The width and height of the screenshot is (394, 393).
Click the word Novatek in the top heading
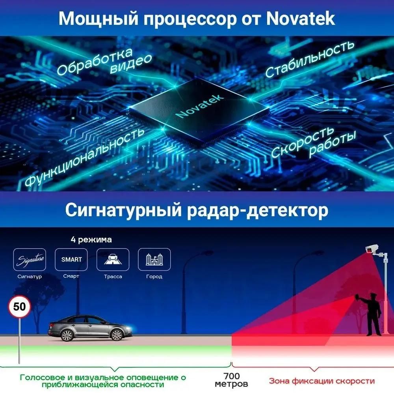pyautogui.click(x=300, y=19)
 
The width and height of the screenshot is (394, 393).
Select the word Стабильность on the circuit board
pyautogui.click(x=310, y=59)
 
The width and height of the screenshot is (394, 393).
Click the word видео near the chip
pyautogui.click(x=131, y=64)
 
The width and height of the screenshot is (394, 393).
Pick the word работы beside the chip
pyautogui.click(x=333, y=143)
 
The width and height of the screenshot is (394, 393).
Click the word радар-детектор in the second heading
pyautogui.click(x=258, y=210)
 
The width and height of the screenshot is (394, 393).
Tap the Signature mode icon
pyautogui.click(x=30, y=260)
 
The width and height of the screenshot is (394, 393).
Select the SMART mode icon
pyautogui.click(x=71, y=259)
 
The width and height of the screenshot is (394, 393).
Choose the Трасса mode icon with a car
pyautogui.click(x=113, y=259)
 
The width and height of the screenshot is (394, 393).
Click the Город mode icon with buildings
pyautogui.click(x=154, y=259)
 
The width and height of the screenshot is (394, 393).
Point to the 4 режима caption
pyautogui.click(x=91, y=240)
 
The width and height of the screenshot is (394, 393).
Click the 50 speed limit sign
pyautogui.click(x=20, y=307)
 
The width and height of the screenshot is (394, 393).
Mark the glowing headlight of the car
pyautogui.click(x=129, y=328)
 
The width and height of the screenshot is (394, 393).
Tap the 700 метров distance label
pyautogui.click(x=231, y=380)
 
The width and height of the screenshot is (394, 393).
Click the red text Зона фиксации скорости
pyautogui.click(x=322, y=381)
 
